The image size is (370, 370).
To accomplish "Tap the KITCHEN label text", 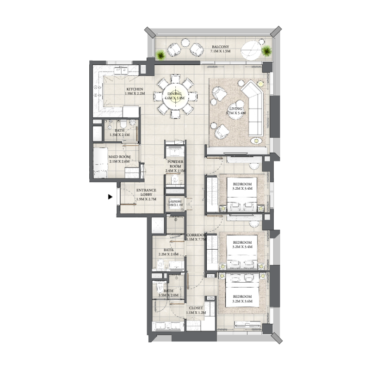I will click(x=135, y=89).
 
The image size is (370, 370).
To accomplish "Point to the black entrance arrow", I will click(x=110, y=197).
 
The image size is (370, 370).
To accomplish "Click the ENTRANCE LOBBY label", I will click(x=146, y=191).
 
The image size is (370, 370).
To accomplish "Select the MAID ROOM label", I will click(x=119, y=157).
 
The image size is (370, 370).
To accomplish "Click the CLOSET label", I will click(x=195, y=308).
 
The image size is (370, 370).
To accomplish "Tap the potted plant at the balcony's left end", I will click(x=160, y=55).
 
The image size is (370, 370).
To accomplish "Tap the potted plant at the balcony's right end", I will click(x=267, y=51).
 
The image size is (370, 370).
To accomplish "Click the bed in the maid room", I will click(x=101, y=163).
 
